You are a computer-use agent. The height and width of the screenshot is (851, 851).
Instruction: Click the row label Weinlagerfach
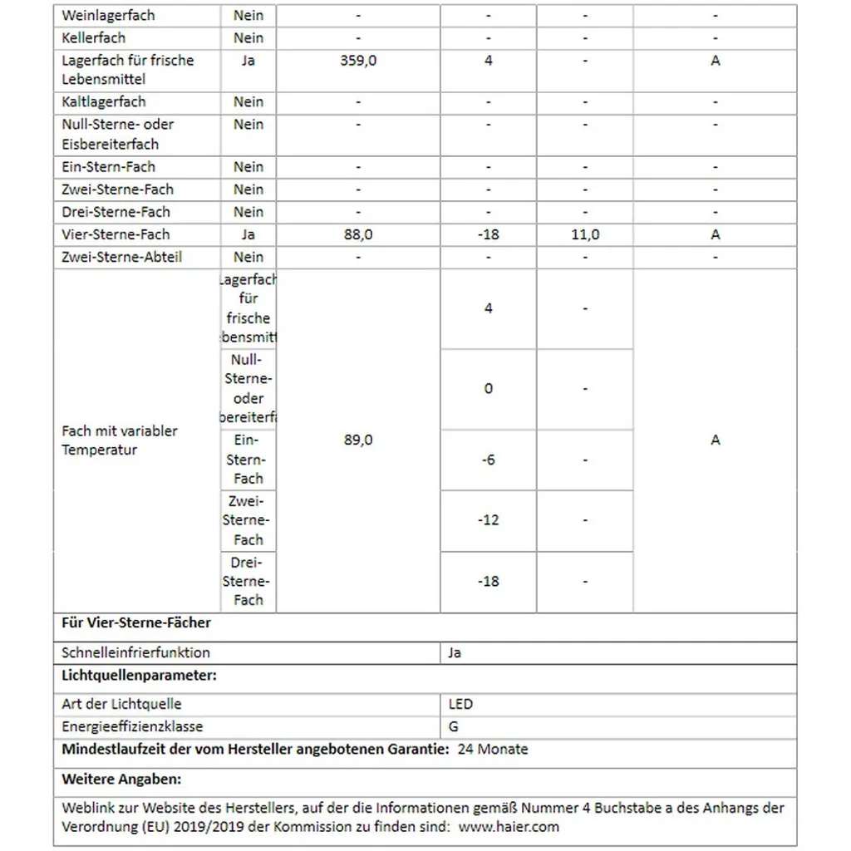(x=108, y=15)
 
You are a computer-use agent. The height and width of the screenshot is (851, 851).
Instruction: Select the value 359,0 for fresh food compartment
(x=358, y=61)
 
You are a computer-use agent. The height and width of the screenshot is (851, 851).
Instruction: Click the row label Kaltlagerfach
(x=103, y=101)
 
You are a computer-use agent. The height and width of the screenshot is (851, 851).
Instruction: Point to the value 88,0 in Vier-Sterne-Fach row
(x=358, y=234)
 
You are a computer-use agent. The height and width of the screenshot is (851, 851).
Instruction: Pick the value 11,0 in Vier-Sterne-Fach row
(x=584, y=234)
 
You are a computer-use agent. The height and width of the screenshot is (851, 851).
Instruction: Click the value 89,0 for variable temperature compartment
(x=358, y=440)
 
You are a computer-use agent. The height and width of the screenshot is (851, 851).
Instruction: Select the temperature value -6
(x=488, y=460)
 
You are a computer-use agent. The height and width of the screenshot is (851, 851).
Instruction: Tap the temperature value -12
(x=488, y=520)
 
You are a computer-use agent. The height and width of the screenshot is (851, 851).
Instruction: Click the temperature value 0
(x=488, y=388)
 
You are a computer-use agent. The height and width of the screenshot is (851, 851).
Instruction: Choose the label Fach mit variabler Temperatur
(x=120, y=440)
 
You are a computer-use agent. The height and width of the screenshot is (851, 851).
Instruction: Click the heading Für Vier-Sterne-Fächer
(x=136, y=622)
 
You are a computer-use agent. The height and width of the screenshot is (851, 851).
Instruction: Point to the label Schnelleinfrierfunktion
(x=135, y=652)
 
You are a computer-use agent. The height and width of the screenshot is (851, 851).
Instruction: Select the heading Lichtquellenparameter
(x=139, y=675)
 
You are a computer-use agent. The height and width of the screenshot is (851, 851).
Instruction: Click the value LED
(x=460, y=704)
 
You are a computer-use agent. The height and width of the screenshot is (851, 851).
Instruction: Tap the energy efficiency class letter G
(x=454, y=726)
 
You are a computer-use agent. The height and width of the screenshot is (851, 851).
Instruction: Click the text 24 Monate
(x=493, y=749)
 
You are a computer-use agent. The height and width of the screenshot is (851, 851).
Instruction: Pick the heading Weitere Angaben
(x=121, y=780)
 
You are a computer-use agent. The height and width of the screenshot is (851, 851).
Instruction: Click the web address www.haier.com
(x=509, y=826)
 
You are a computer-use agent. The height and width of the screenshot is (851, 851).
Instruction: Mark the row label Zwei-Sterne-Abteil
(x=121, y=257)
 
